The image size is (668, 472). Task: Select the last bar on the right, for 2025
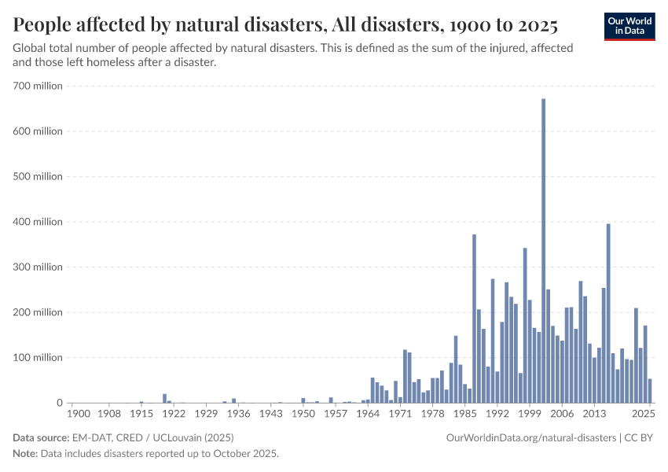click(x=650, y=391)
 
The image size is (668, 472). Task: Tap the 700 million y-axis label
click(x=38, y=86)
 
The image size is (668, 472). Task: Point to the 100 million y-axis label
click(x=38, y=358)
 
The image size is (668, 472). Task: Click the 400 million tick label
click(x=38, y=222)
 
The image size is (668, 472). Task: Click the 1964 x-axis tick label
click(x=368, y=413)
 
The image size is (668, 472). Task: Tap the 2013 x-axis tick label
click(x=594, y=413)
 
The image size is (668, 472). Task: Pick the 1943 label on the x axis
click(x=270, y=413)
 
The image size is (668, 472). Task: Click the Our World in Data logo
click(x=629, y=26)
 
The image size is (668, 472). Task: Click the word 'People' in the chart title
click(x=41, y=25)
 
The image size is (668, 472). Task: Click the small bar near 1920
click(x=164, y=398)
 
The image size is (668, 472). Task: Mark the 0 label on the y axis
click(x=59, y=403)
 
